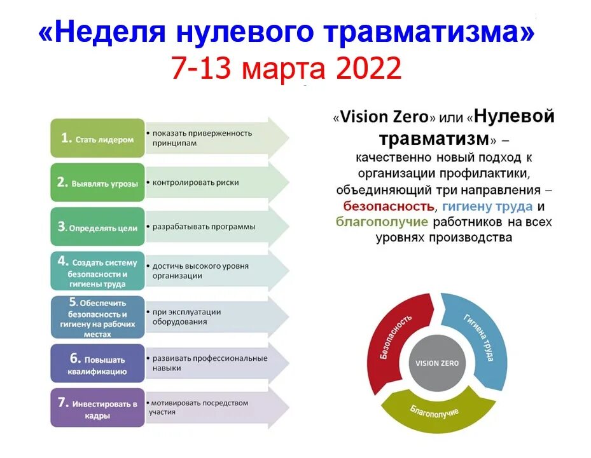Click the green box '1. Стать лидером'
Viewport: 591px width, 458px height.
(97, 138)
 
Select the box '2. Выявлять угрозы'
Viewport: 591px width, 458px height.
(97, 182)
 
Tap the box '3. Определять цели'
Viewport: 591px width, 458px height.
(97, 227)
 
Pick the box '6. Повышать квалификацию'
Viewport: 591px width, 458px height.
(97, 365)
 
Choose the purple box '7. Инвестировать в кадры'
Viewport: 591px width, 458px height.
(97, 408)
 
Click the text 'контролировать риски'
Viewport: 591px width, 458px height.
(195, 182)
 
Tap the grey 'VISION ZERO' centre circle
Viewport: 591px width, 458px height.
(436, 363)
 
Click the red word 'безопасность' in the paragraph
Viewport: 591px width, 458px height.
(389, 206)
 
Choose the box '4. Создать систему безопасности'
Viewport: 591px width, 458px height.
(97, 272)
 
